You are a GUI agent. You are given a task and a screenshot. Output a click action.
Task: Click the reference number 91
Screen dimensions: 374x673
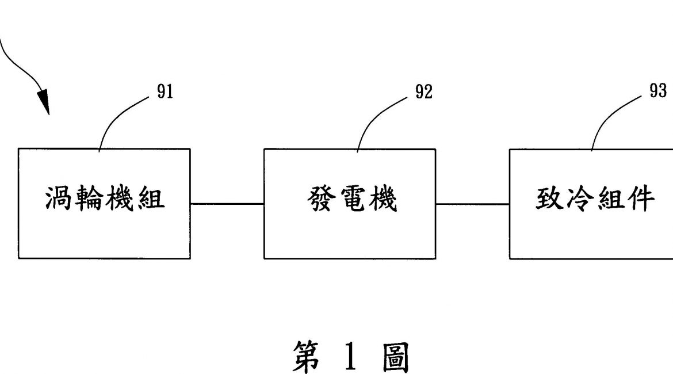point(165,93)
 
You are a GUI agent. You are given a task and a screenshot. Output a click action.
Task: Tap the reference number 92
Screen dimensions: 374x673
point(423,93)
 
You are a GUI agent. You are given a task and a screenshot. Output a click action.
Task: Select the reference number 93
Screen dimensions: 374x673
point(658,91)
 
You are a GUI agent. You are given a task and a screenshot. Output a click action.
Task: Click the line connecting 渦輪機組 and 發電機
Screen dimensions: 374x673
point(227,204)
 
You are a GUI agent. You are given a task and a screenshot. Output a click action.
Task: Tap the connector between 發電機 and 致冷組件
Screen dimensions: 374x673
point(472,204)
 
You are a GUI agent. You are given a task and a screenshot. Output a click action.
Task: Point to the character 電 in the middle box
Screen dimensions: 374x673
point(350,200)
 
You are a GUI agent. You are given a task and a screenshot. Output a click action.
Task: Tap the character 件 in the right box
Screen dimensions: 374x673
point(640,200)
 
